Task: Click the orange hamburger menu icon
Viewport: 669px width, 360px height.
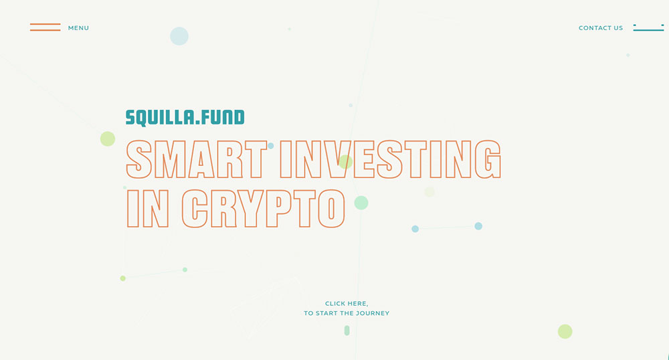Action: click(x=45, y=27)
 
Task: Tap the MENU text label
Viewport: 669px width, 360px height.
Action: click(x=78, y=28)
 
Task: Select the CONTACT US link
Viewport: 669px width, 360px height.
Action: click(x=601, y=28)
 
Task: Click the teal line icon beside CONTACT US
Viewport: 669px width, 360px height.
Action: click(x=648, y=27)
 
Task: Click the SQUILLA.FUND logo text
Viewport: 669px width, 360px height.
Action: click(x=185, y=118)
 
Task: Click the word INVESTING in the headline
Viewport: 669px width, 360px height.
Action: click(x=391, y=159)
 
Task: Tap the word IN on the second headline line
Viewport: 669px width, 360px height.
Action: click(x=148, y=209)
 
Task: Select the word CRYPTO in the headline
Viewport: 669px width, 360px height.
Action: click(x=263, y=209)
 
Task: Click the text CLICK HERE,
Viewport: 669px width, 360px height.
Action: click(x=347, y=304)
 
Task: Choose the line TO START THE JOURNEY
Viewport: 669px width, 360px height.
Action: click(x=347, y=313)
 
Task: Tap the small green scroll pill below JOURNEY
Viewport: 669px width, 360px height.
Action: click(x=347, y=331)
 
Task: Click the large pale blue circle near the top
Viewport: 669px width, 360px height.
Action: click(x=179, y=36)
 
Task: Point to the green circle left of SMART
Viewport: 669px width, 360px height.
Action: click(x=108, y=139)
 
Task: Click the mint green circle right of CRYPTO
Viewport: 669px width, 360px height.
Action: click(x=361, y=203)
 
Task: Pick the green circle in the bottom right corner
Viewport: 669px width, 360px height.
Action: click(x=565, y=331)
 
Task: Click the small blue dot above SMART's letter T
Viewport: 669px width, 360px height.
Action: click(x=270, y=146)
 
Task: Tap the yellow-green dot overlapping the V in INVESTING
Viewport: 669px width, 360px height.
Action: click(x=346, y=162)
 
